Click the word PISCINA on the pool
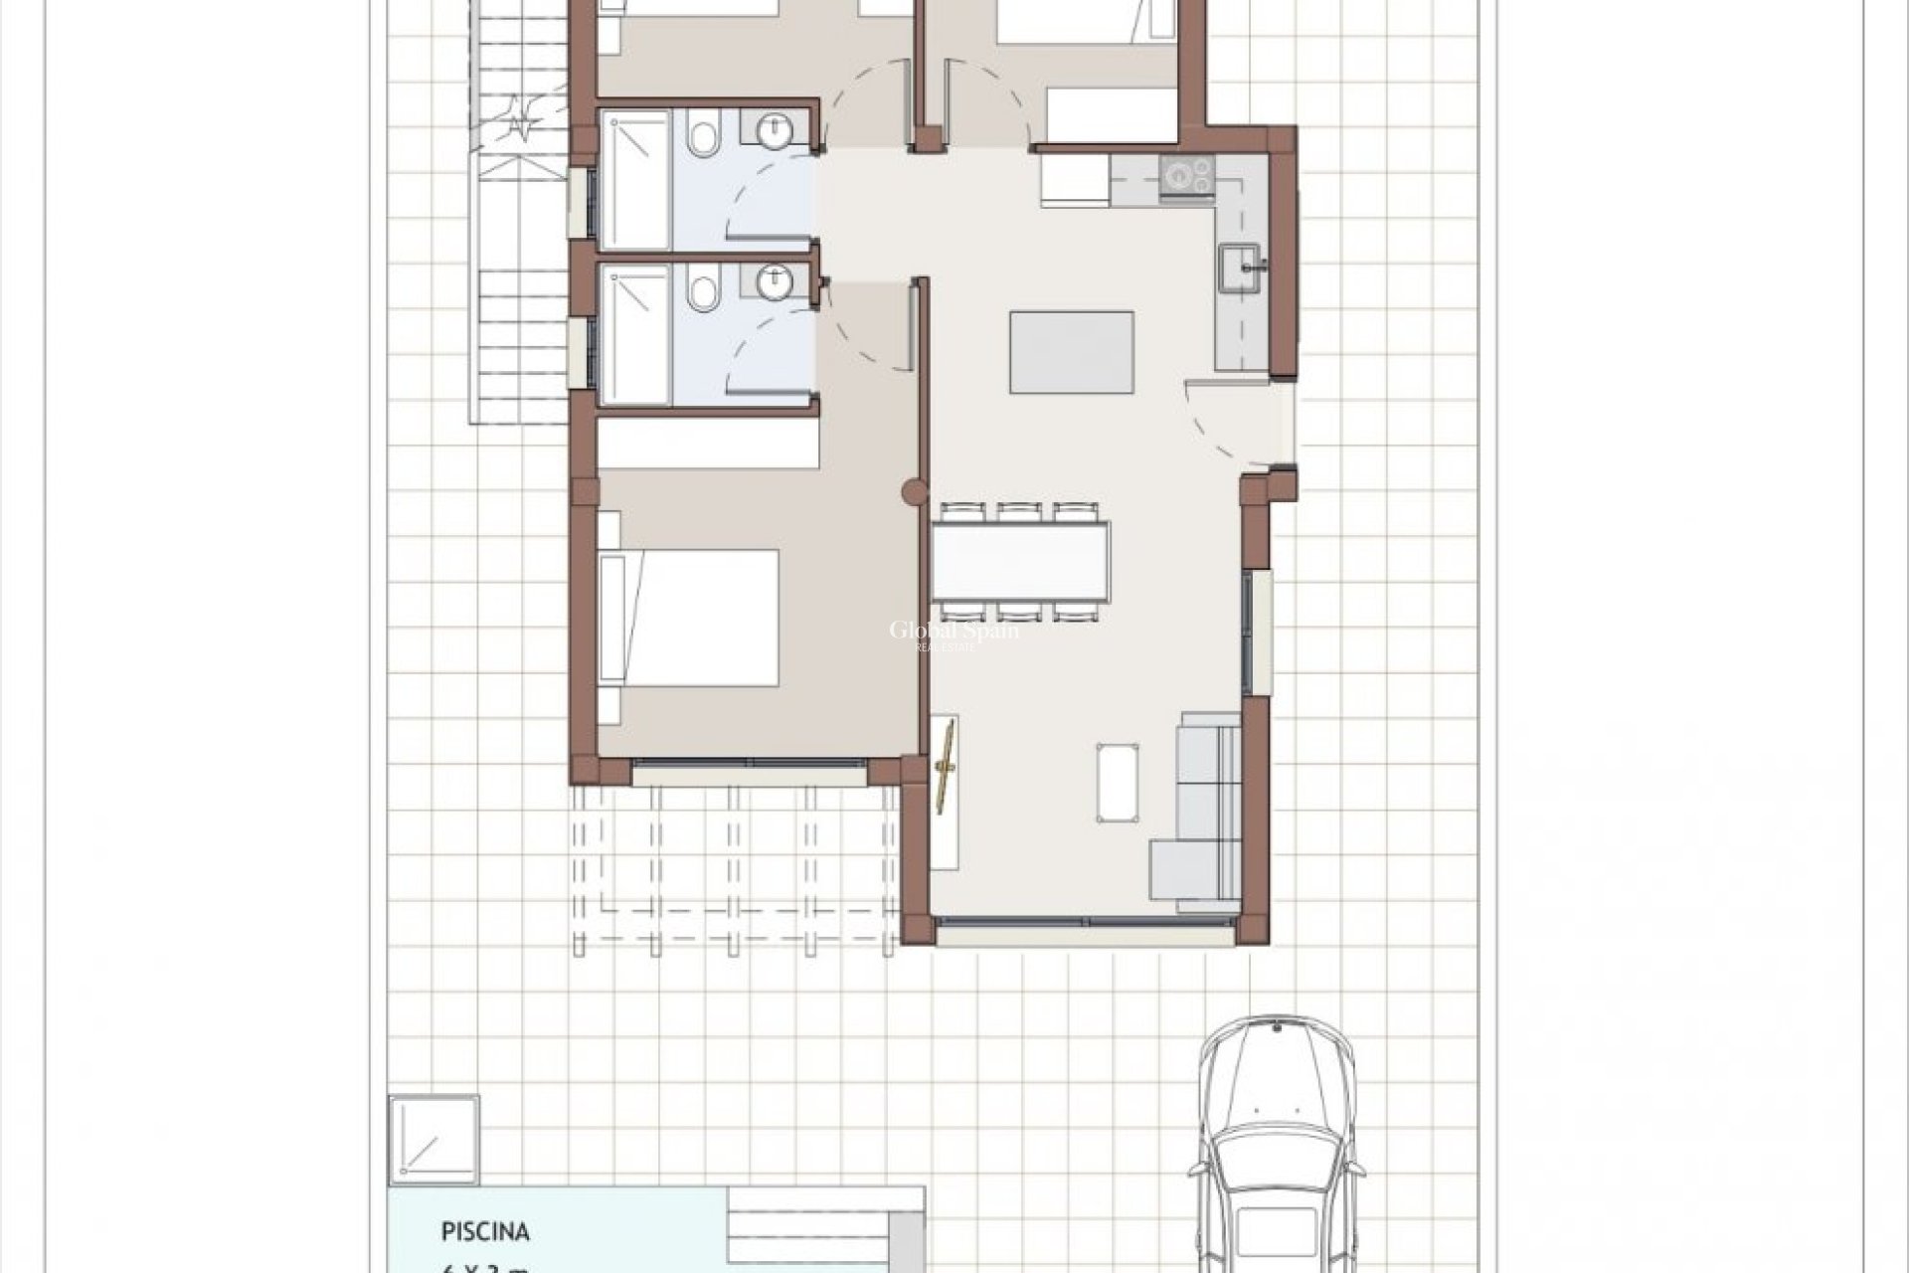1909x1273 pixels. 485,1232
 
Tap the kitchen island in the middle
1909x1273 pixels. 1071,352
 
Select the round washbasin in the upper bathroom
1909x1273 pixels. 773,129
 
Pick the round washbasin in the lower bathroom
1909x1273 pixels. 773,282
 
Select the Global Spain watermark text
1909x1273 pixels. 953,632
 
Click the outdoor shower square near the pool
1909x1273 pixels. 434,1141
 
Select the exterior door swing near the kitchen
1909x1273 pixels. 1228,423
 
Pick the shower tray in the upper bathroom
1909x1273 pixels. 636,179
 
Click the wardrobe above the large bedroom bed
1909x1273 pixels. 708,443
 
